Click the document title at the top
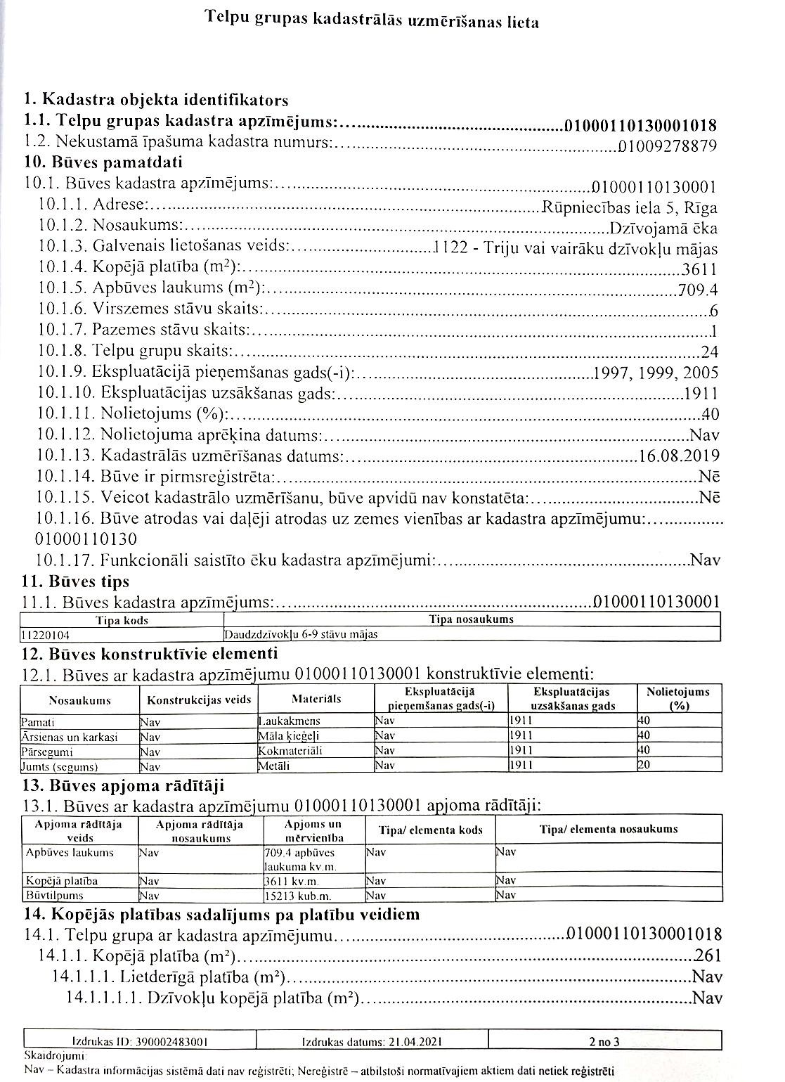pos(372,21)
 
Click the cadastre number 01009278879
pos(667,146)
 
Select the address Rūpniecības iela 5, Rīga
pos(630,207)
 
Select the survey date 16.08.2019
pos(679,456)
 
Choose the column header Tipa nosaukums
pos(471,620)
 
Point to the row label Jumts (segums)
pos(60,767)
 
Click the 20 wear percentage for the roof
pos(644,766)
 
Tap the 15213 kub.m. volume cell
pos(298,896)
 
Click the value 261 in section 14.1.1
pos(707,956)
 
